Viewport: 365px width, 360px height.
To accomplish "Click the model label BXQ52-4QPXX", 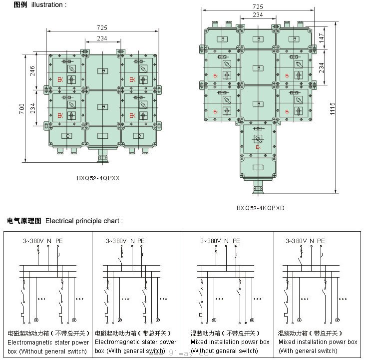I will tap(98, 177).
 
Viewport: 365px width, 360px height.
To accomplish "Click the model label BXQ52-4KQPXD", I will tap(260, 208).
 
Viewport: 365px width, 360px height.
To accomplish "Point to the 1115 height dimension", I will tap(333, 108).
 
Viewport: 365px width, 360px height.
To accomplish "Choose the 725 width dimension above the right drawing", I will tap(258, 7).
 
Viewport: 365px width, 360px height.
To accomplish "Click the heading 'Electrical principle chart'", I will tap(83, 220).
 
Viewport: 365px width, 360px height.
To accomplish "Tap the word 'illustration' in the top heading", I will tap(47, 4).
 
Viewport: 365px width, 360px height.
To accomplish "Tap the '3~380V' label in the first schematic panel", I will tap(33, 241).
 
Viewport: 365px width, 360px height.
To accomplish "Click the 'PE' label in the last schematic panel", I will tap(321, 241).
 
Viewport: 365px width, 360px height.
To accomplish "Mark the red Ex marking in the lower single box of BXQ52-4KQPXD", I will tap(258, 147).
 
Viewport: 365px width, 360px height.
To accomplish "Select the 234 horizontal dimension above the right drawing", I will tap(258, 15).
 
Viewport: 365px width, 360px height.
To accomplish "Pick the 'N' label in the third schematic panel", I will tap(227, 241).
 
